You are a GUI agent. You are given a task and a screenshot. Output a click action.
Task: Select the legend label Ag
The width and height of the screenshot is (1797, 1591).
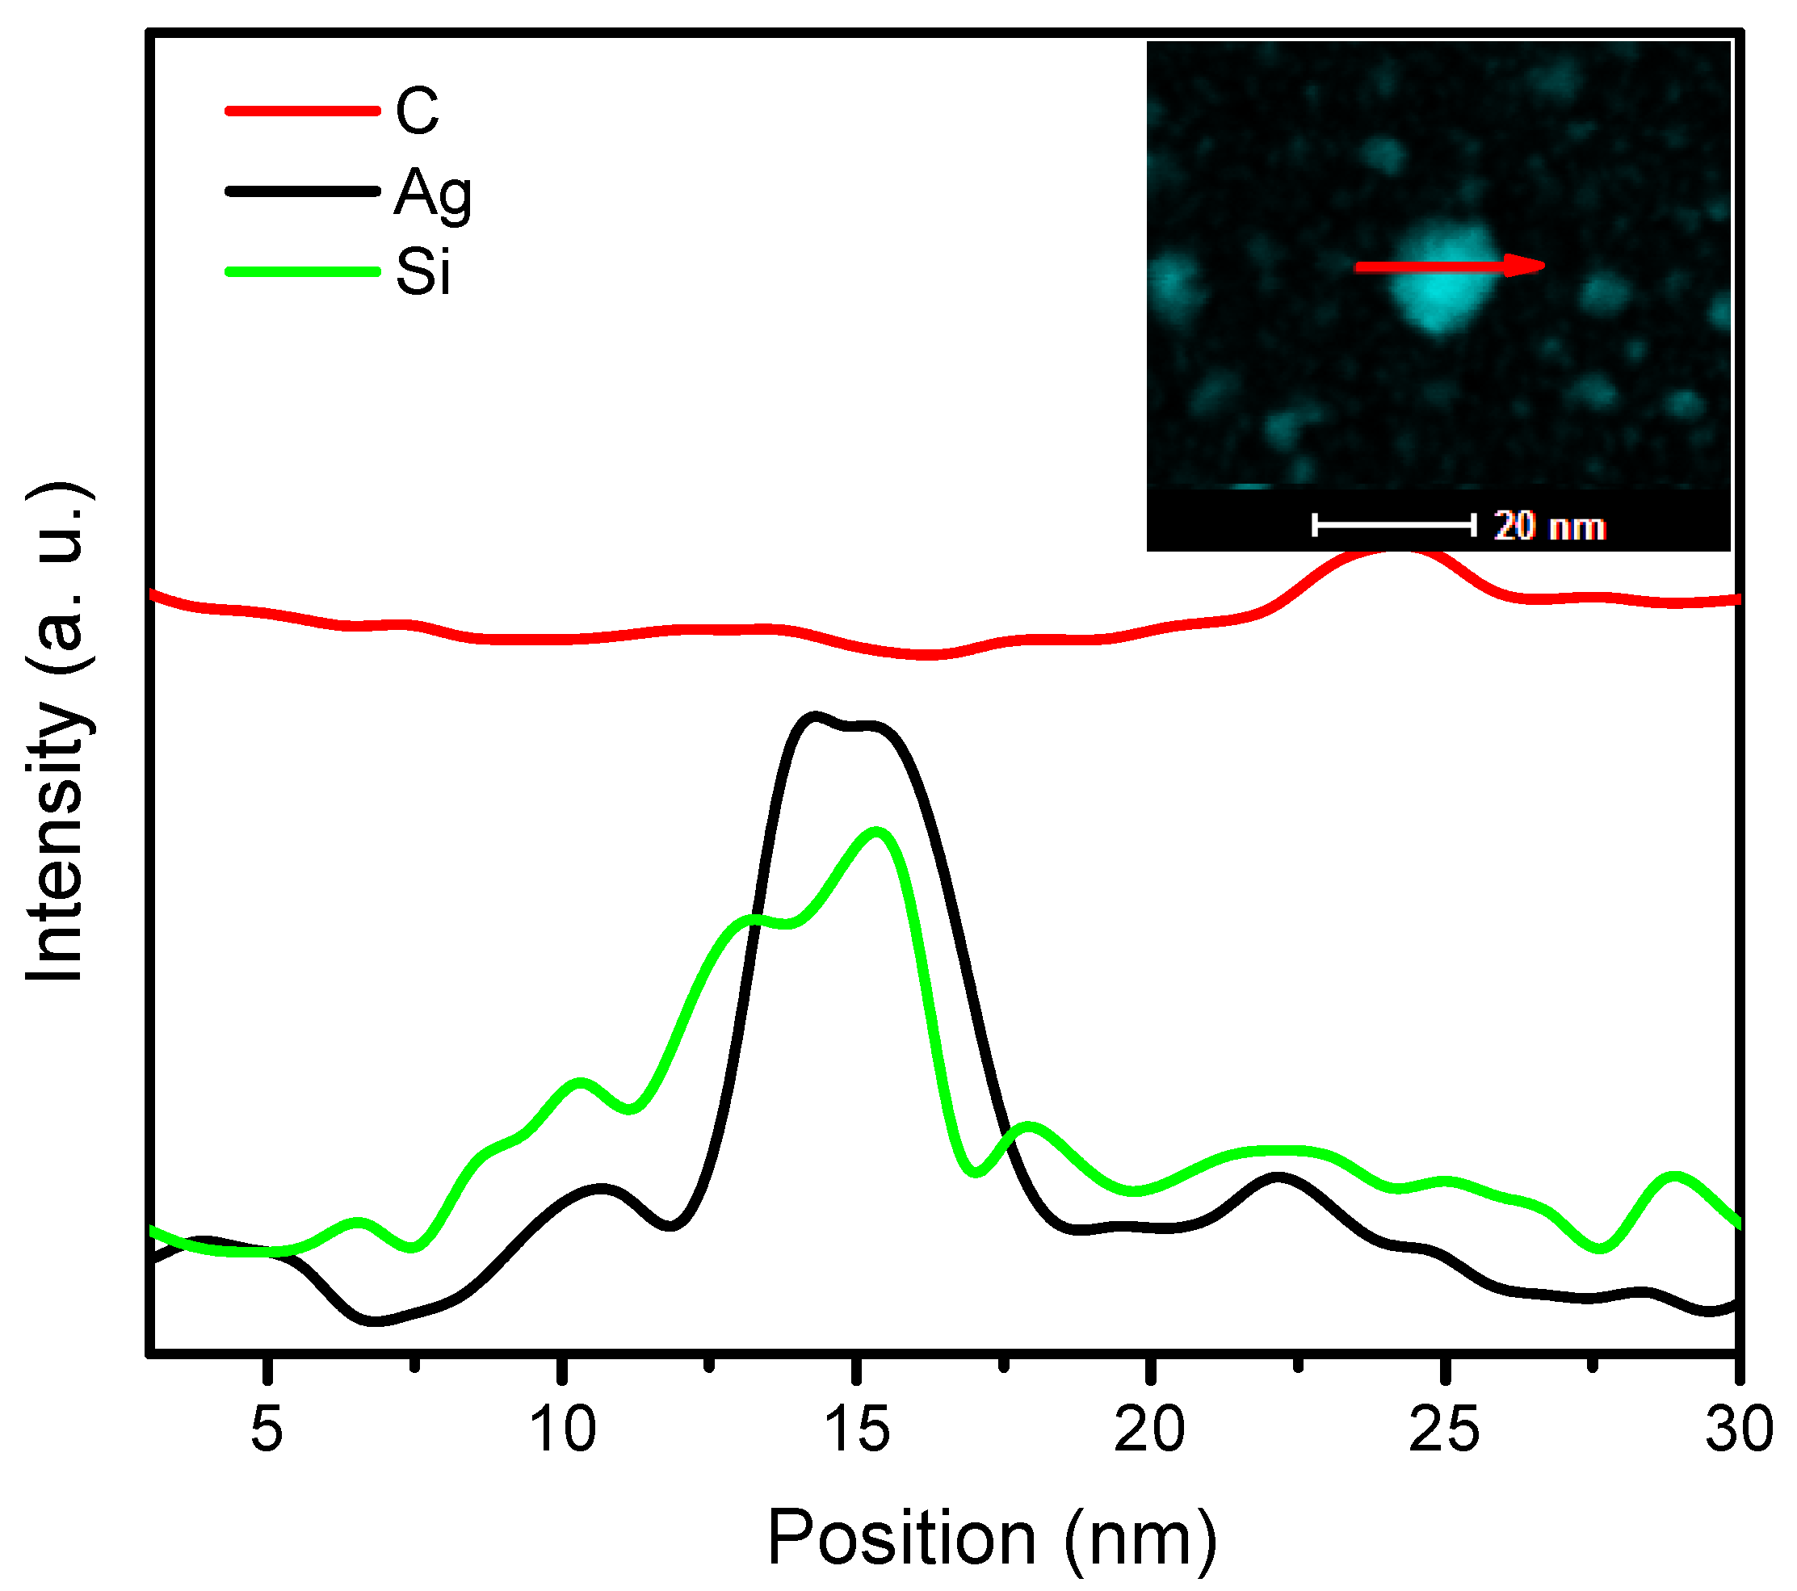(433, 193)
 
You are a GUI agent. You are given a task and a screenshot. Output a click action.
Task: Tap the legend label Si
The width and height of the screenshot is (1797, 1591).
(423, 271)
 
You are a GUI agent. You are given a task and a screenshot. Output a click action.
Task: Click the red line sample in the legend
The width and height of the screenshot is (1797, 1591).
(301, 111)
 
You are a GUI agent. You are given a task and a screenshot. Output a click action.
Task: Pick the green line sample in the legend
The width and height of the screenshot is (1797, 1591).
(301, 271)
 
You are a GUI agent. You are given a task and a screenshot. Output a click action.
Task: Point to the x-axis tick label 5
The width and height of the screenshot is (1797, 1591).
(267, 1429)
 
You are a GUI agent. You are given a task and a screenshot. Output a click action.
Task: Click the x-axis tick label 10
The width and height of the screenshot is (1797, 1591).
(563, 1429)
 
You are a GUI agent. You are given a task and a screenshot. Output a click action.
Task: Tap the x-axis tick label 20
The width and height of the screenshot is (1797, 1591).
(1150, 1429)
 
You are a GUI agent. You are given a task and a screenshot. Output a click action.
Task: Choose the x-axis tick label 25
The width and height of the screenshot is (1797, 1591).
(1443, 1429)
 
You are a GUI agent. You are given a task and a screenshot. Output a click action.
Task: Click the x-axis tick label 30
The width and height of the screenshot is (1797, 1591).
(1738, 1429)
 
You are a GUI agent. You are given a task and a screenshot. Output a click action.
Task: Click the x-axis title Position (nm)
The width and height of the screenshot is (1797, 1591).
(992, 1538)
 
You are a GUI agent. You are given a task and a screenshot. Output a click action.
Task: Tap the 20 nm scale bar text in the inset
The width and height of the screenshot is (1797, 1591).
(1550, 527)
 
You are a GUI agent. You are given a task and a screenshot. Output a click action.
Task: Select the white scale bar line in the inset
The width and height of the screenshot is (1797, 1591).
(1394, 526)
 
